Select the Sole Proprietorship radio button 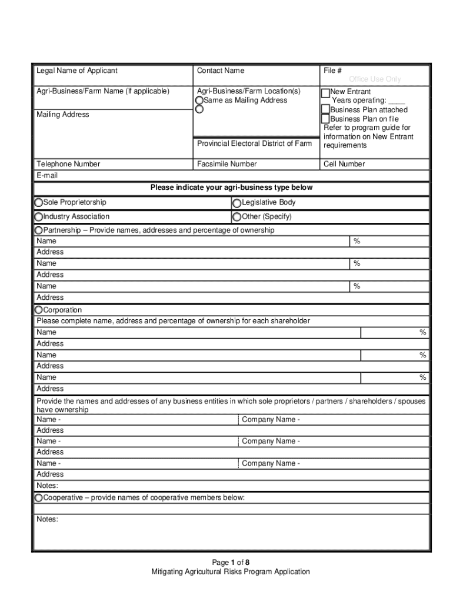(39, 203)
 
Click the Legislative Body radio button (237, 203)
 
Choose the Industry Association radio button (39, 217)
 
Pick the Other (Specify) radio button (237, 217)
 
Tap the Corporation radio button (39, 310)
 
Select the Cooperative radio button (39, 498)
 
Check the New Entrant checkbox (325, 92)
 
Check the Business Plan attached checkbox (325, 109)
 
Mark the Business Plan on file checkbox (325, 119)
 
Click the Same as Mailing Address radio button (199, 101)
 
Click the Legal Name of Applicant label (77, 71)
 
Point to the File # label (332, 71)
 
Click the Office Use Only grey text (375, 79)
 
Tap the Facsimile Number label (226, 164)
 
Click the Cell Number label (344, 164)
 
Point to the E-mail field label (47, 175)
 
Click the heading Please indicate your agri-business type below (231, 188)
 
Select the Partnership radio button (39, 230)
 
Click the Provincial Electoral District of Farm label (254, 143)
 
